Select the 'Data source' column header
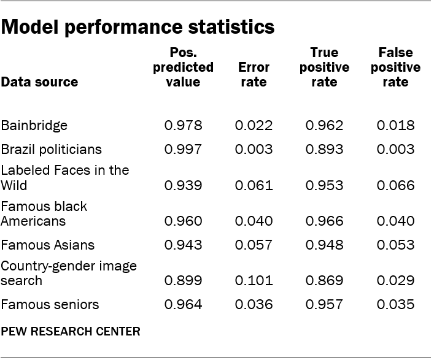(x=39, y=82)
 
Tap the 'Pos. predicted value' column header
(x=183, y=67)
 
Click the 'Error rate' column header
(x=253, y=75)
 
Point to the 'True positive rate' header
(x=324, y=67)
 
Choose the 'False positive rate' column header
(x=395, y=67)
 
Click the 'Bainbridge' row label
(x=34, y=126)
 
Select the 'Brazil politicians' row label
(x=52, y=150)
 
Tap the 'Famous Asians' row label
(x=48, y=245)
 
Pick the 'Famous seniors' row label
(x=50, y=305)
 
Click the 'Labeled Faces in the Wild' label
(x=64, y=178)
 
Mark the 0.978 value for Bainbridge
(x=183, y=126)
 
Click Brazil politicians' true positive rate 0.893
(x=324, y=150)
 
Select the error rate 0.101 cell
(x=253, y=281)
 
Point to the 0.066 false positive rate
(x=395, y=185)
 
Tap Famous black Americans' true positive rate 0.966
(x=324, y=221)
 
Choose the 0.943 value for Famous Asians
(x=183, y=245)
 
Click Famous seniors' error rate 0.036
(x=253, y=305)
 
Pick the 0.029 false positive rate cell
(x=395, y=281)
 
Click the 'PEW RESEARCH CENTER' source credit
(x=71, y=332)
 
